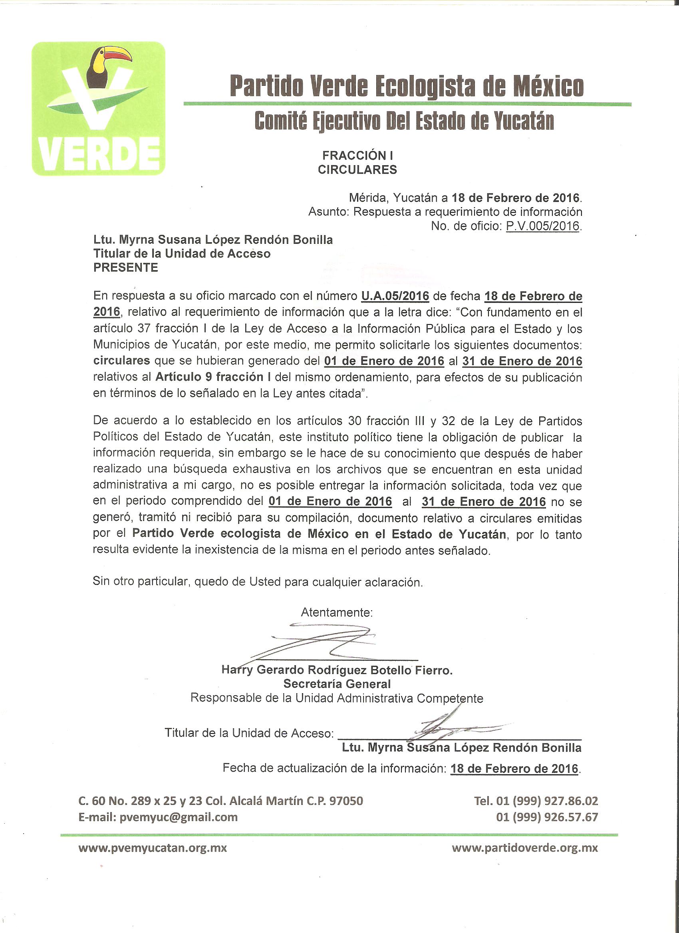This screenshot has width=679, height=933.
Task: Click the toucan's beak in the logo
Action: pyautogui.click(x=116, y=54)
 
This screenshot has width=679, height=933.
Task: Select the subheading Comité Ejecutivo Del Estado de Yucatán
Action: pyautogui.click(x=404, y=121)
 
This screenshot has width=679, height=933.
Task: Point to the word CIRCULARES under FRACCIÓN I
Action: pyautogui.click(x=357, y=170)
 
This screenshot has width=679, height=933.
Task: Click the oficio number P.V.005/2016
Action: pyautogui.click(x=542, y=226)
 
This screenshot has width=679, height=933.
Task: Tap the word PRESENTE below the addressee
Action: pyautogui.click(x=125, y=267)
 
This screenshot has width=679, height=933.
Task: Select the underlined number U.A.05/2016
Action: pyautogui.click(x=395, y=296)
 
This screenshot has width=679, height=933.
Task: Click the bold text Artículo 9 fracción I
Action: pyautogui.click(x=213, y=377)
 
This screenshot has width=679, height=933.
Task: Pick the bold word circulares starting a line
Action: pyautogui.click(x=121, y=361)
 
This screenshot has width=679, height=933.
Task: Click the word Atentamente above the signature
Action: pyautogui.click(x=336, y=613)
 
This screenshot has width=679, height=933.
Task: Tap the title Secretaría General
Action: pyautogui.click(x=337, y=684)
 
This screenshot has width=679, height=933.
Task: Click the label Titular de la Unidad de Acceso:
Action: pyautogui.click(x=249, y=733)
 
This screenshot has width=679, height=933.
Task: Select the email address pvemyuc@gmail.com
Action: pyautogui.click(x=178, y=817)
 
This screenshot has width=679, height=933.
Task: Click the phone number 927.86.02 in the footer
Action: pyautogui.click(x=571, y=801)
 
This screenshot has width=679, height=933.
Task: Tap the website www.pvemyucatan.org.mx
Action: pyautogui.click(x=152, y=848)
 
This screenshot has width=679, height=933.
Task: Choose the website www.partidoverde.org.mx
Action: pyautogui.click(x=524, y=848)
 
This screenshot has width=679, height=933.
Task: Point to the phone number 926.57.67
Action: pyautogui.click(x=571, y=817)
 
